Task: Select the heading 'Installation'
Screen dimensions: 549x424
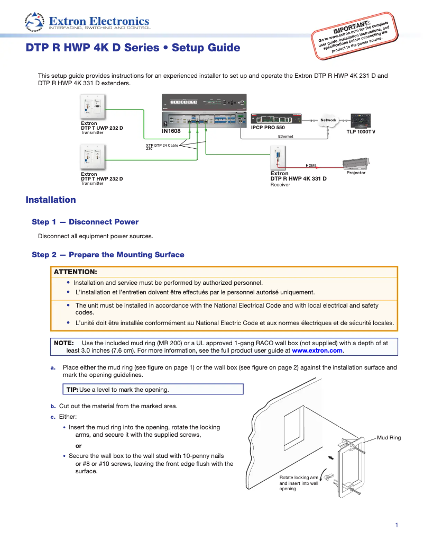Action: [x=51, y=200]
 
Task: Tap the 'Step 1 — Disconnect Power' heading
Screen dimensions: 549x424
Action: [x=85, y=222]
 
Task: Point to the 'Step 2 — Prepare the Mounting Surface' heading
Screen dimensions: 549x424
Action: [x=108, y=255]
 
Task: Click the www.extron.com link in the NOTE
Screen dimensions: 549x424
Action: [x=317, y=350]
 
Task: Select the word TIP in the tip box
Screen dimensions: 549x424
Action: [x=71, y=390]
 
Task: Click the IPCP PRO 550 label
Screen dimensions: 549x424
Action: [x=268, y=128]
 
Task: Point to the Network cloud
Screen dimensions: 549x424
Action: [x=328, y=120]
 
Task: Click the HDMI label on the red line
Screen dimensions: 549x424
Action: [x=311, y=165]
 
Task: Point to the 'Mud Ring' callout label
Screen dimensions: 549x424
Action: [x=389, y=438]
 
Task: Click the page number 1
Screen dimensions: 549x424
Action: [x=396, y=525]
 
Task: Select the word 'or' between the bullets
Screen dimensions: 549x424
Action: [x=79, y=445]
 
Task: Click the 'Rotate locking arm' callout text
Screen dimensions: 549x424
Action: [x=299, y=478]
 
